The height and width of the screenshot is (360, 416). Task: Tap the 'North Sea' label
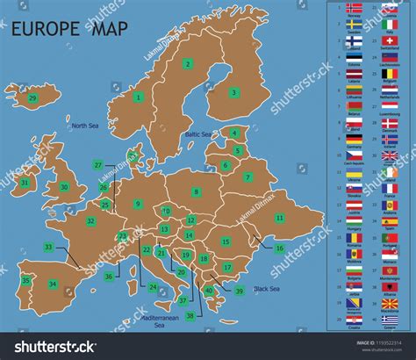coord(85,126)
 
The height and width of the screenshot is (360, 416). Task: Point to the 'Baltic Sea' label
coord(198,134)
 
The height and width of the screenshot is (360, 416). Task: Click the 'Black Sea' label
coord(267,289)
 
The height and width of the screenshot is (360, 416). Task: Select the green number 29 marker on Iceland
coord(32,98)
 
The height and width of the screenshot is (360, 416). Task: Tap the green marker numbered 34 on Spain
coord(53,284)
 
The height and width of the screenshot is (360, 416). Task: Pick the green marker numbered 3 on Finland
coord(234,92)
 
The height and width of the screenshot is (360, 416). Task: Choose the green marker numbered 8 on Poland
coord(197,191)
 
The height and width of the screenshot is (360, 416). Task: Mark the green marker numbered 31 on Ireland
coord(25,184)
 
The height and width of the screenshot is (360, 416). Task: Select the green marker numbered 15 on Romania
coord(226,241)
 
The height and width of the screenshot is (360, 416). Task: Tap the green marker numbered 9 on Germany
coord(138,204)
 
